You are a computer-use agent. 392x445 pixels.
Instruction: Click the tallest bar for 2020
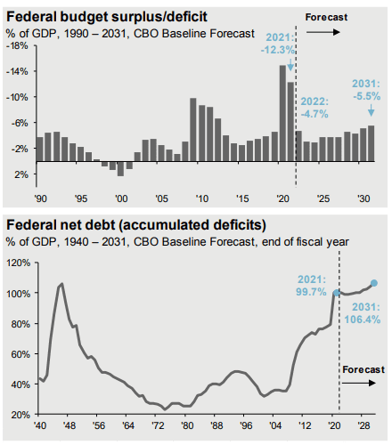pyautogui.click(x=282, y=113)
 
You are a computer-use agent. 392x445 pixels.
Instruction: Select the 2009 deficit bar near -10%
pyautogui.click(x=193, y=130)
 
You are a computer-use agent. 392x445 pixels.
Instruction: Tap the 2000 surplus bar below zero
pyautogui.click(x=120, y=169)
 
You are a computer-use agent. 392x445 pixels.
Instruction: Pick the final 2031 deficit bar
pyautogui.click(x=371, y=143)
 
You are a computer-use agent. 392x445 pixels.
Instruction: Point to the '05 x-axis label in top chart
pyautogui.click(x=161, y=198)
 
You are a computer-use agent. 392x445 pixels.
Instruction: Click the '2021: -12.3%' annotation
pyautogui.click(x=278, y=44)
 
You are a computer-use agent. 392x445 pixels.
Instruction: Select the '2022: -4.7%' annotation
pyautogui.click(x=314, y=108)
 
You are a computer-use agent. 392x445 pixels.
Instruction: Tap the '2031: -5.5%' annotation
pyautogui.click(x=366, y=90)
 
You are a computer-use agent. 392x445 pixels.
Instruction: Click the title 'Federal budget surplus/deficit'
pyautogui.click(x=107, y=17)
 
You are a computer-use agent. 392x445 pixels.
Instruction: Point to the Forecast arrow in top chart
pyautogui.click(x=323, y=32)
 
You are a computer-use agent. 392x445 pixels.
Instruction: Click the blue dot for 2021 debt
pyautogui.click(x=337, y=293)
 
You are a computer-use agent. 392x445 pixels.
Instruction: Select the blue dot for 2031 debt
pyautogui.click(x=374, y=283)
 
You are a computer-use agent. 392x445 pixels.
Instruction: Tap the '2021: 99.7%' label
pyautogui.click(x=311, y=286)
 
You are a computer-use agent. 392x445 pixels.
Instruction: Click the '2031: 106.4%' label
pyautogui.click(x=363, y=313)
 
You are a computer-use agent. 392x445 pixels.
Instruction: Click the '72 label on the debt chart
pyautogui.click(x=158, y=425)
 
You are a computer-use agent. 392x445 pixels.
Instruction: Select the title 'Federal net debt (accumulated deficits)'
pyautogui.click(x=136, y=225)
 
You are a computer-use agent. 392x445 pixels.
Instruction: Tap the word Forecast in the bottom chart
pyautogui.click(x=363, y=369)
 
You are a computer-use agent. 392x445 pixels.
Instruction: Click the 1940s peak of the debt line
pyautogui.click(x=61, y=284)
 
